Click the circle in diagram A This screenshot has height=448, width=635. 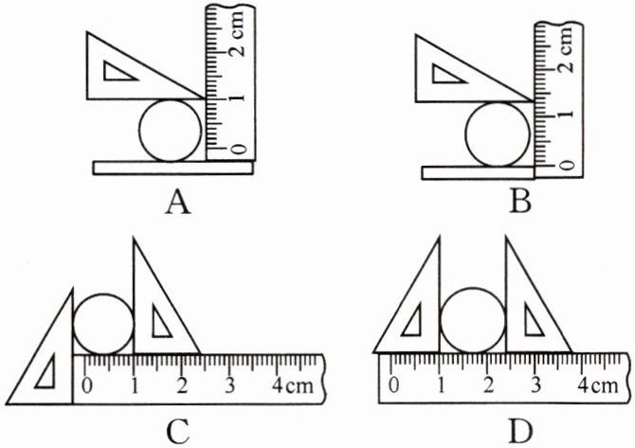click(171, 129)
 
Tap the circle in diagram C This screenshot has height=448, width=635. click(102, 322)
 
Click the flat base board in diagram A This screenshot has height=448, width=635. click(174, 168)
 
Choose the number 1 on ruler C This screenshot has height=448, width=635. click(135, 385)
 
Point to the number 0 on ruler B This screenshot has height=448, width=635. click(566, 165)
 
